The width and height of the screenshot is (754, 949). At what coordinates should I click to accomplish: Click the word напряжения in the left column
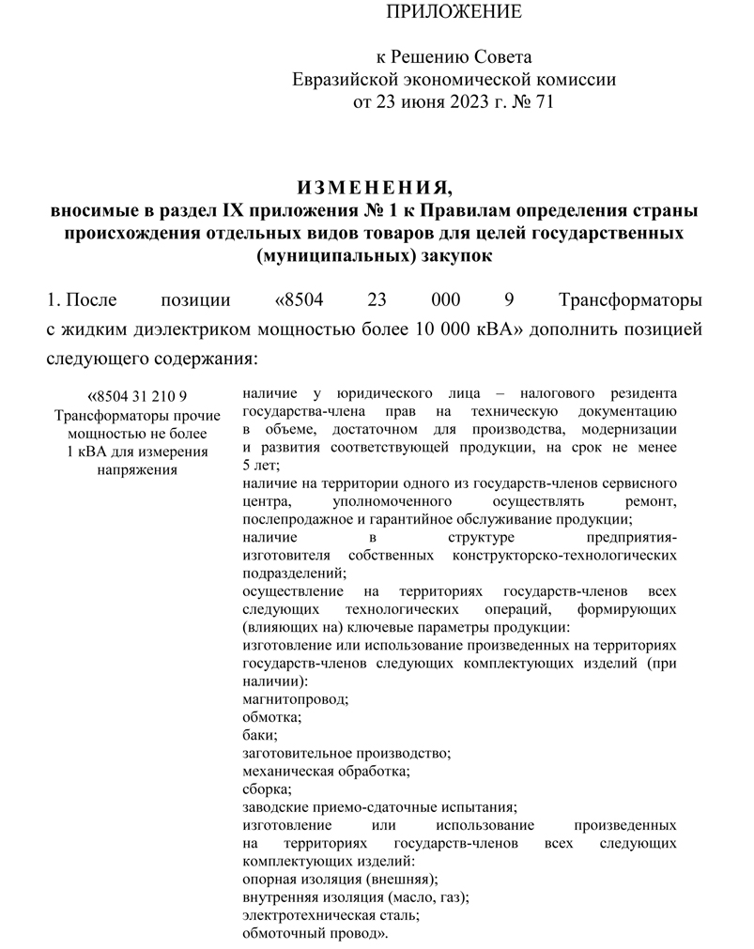137,469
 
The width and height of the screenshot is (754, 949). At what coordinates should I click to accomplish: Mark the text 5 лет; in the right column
261,465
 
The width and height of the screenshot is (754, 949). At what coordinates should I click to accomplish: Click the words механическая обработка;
326,771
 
